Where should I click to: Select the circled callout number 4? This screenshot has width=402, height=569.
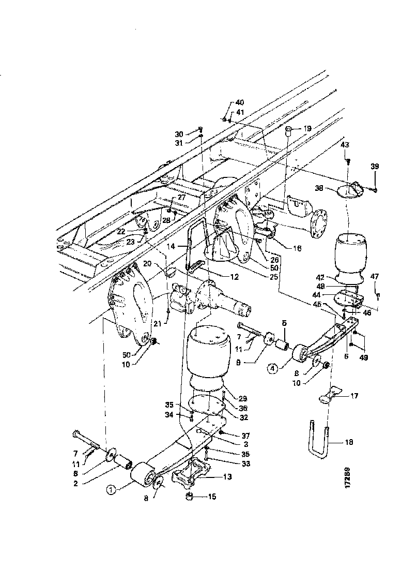pos(273,369)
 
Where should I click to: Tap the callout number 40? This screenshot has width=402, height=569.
pos(240,102)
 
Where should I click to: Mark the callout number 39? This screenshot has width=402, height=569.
pos(375,166)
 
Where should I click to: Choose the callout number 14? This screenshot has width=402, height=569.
pos(184,247)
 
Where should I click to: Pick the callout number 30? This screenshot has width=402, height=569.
pos(179,133)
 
